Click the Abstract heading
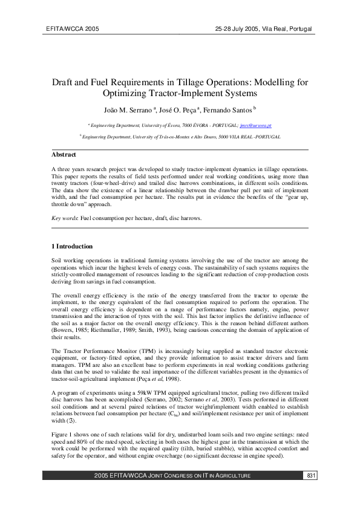click(64, 155)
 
